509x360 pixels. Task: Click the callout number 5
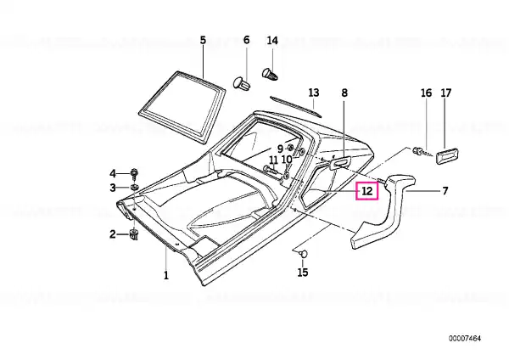click(203, 41)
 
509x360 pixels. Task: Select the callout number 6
click(246, 40)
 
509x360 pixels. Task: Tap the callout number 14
click(272, 41)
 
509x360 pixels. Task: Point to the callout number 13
click(314, 93)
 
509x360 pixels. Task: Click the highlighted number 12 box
click(366, 191)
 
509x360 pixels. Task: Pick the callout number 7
click(445, 191)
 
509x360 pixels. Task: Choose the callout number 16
click(426, 93)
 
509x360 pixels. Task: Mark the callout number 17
click(446, 93)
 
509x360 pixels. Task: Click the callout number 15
click(303, 273)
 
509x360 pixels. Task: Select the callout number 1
click(166, 276)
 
